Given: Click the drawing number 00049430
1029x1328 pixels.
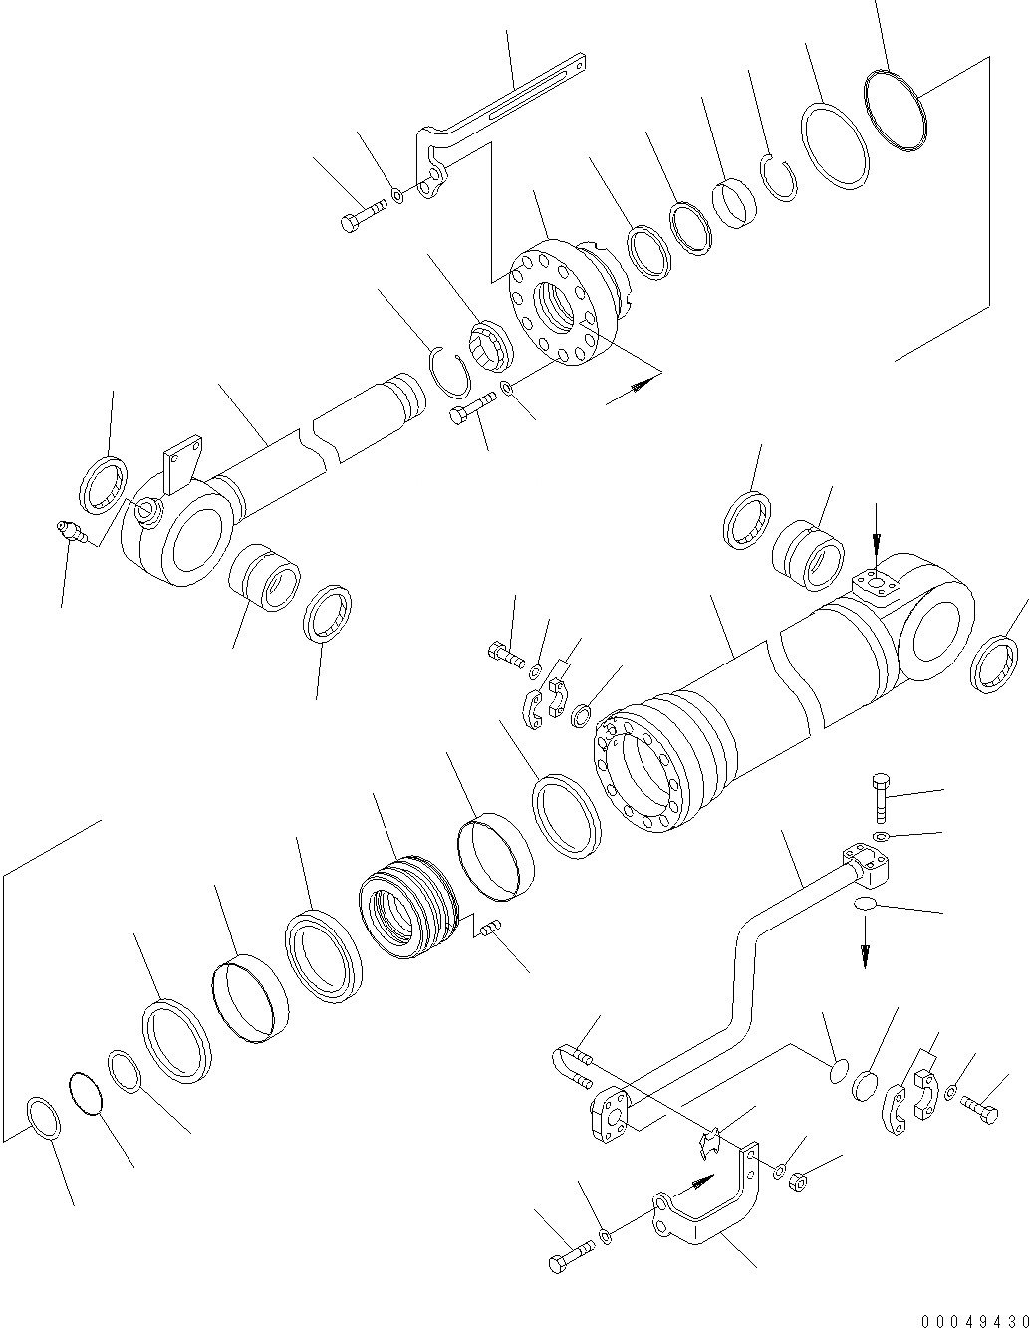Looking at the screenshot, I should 973,1321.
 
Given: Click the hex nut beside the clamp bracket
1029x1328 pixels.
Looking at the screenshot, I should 796,1183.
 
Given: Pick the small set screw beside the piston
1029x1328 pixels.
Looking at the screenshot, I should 487,930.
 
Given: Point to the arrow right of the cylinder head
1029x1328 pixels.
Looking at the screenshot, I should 633,388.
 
